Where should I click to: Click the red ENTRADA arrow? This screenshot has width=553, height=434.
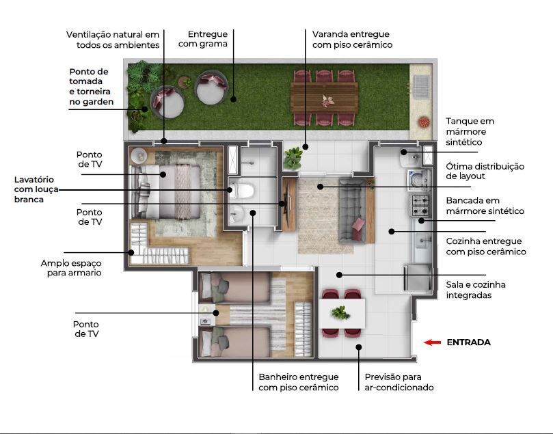click(432, 342)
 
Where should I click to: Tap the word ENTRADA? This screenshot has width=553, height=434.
click(468, 342)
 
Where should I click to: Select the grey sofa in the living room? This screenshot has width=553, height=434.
click(351, 207)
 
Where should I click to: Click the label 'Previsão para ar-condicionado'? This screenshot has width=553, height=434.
click(399, 382)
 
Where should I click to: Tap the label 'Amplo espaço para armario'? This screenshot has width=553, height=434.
click(71, 267)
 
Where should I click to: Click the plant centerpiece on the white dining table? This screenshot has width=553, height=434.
click(340, 313)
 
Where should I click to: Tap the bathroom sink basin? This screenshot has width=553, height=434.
click(237, 213)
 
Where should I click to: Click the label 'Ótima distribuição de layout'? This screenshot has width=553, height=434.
click(485, 171)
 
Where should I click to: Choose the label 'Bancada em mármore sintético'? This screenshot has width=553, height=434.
click(485, 206)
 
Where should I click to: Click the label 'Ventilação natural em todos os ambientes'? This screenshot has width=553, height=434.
click(113, 39)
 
